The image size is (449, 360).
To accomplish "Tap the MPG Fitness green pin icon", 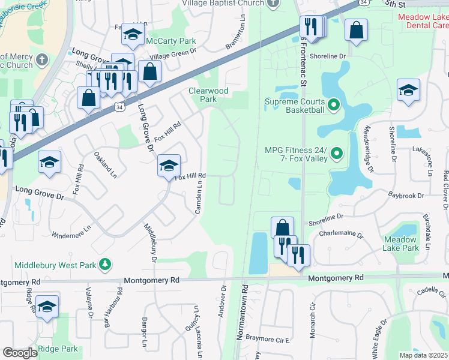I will [337, 154].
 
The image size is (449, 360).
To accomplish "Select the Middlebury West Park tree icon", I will [105, 264].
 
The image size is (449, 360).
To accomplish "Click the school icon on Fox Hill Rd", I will [169, 165].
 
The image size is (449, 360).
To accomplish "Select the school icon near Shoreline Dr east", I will [408, 90].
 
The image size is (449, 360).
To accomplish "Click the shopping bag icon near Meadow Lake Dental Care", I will [356, 32].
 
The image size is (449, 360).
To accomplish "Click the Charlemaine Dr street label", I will [341, 233].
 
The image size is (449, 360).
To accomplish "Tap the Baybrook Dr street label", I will [406, 196].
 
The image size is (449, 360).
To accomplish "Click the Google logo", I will [20, 353].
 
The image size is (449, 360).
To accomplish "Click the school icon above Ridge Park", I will [47, 306].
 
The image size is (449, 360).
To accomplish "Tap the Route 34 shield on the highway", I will [120, 107].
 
